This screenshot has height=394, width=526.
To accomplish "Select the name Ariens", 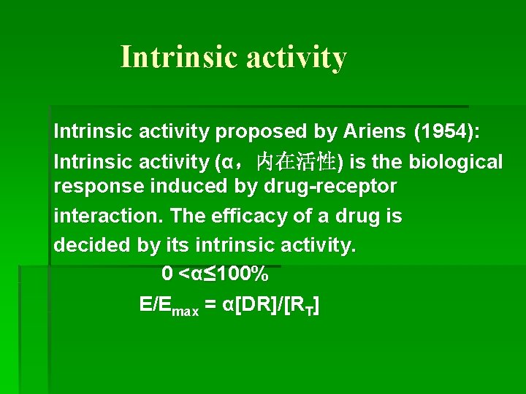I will pyautogui.click(x=371, y=131).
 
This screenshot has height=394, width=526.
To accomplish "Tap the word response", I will pyautogui.click(x=99, y=187).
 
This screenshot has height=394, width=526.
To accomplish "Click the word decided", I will pyautogui.click(x=93, y=245).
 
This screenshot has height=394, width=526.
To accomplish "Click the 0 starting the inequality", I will pyautogui.click(x=167, y=274).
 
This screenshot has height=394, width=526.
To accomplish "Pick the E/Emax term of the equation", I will pyautogui.click(x=169, y=306).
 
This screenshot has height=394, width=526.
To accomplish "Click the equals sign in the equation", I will pyautogui.click(x=210, y=305).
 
